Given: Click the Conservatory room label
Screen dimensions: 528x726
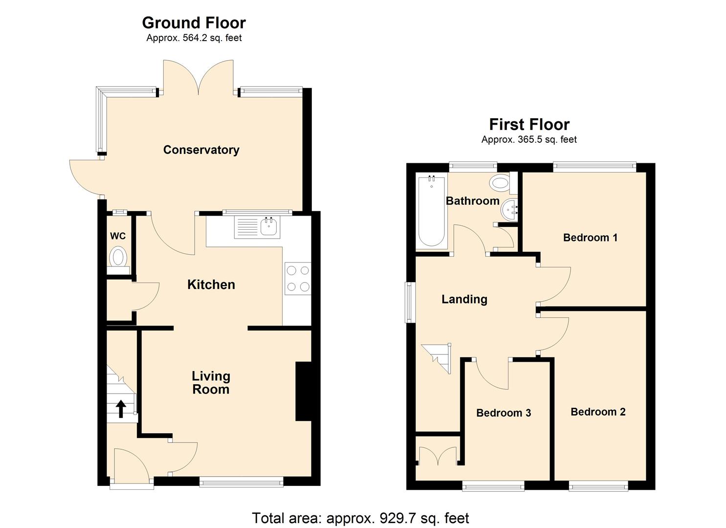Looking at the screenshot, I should click(x=201, y=150).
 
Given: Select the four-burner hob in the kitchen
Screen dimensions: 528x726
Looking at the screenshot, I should click(x=297, y=279).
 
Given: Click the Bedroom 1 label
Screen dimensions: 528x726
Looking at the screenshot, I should click(x=590, y=238).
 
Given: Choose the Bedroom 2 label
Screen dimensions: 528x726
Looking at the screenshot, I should click(x=598, y=412).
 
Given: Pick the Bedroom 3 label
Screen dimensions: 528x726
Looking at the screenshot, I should click(x=504, y=413).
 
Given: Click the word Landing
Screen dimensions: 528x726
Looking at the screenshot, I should click(x=464, y=299).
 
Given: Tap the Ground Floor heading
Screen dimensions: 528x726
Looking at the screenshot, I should click(x=194, y=22).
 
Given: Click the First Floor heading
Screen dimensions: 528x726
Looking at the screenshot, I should click(x=529, y=124).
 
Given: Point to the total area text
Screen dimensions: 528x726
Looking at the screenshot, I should click(x=360, y=518).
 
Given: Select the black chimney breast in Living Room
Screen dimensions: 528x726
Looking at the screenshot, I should click(x=303, y=391).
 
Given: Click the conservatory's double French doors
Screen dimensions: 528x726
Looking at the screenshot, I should click(x=198, y=78).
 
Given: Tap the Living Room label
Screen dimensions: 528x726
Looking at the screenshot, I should click(x=211, y=382).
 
